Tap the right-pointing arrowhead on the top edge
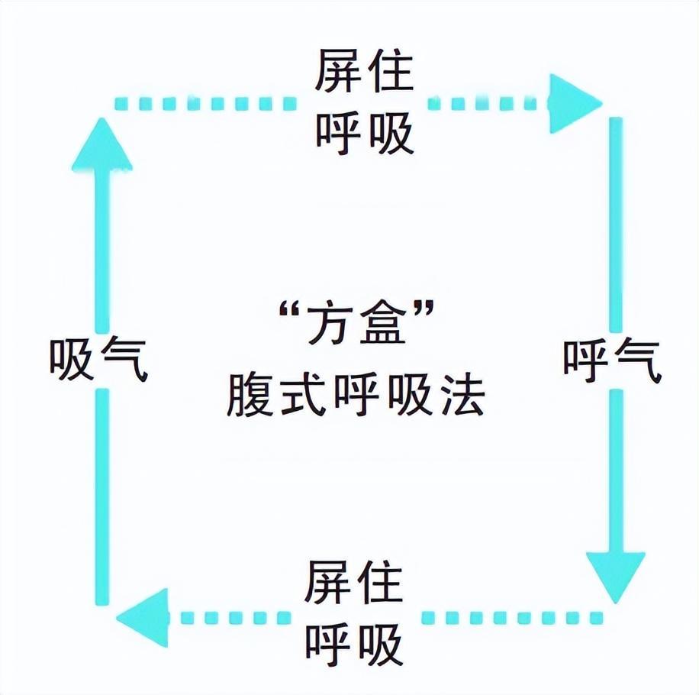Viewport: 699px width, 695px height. coord(574,102)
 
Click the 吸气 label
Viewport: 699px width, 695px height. coord(98,358)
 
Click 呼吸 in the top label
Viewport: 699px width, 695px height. coord(364,131)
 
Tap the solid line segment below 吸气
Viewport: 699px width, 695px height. coord(102,496)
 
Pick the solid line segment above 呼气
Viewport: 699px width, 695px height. coord(615,221)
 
